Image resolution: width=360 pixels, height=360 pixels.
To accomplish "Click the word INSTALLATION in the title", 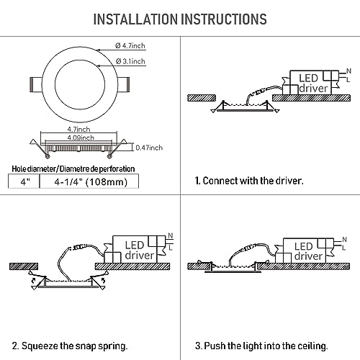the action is tap(135, 19).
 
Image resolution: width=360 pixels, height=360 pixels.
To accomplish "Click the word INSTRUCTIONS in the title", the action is tap(224, 19).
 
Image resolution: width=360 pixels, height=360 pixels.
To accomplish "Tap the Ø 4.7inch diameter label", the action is tap(130, 45).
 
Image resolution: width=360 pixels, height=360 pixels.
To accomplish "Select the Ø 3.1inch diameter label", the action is tap(130, 61).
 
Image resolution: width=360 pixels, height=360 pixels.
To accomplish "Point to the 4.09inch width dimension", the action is tap(81, 138).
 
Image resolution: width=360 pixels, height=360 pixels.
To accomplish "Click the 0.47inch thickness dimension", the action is tap(149, 148).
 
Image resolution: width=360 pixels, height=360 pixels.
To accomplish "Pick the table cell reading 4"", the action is tap(24, 181).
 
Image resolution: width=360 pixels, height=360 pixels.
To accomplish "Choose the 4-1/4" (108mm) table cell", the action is tap(89, 181).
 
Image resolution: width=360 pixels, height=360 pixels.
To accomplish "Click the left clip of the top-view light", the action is tap(36, 84).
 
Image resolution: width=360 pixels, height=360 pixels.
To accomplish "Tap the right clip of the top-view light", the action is tap(124, 84).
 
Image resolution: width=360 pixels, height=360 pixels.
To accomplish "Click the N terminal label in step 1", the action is tap(348, 71).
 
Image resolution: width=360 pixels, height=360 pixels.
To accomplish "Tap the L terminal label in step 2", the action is tap(171, 247).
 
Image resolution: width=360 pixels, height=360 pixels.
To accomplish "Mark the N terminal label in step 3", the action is tap(344, 240).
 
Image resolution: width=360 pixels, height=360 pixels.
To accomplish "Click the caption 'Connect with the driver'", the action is tap(249, 181).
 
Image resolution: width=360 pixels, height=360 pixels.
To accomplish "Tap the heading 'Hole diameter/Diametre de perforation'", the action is tap(73, 169).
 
